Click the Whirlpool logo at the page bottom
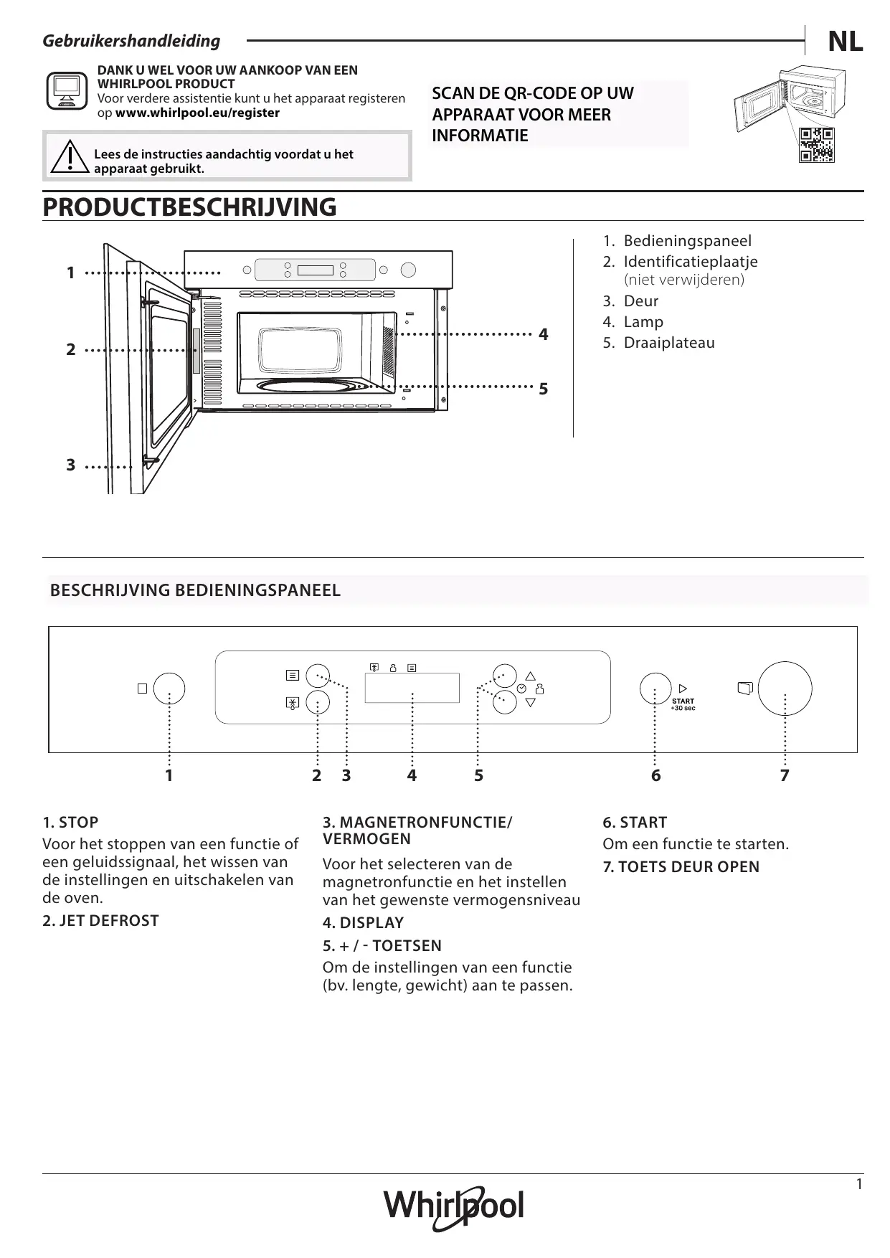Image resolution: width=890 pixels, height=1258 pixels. coord(454,1208)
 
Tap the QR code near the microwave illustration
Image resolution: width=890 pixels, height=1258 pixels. coord(817,145)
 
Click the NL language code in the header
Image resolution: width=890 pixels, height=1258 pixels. coord(845,42)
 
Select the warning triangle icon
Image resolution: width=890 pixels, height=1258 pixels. coord(70,156)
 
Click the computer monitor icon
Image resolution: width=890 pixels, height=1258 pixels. coord(67,90)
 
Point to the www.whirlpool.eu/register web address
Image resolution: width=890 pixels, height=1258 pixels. coord(197,113)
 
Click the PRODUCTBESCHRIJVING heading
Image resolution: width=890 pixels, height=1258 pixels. coord(189,207)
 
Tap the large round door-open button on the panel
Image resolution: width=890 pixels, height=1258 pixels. coord(785,689)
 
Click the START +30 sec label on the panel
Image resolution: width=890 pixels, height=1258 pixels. coord(683,704)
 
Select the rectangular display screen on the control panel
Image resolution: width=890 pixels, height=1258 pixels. coord(412,688)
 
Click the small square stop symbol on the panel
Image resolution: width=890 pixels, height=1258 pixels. coord(142,689)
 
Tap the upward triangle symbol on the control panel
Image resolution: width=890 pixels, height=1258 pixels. coord(531,676)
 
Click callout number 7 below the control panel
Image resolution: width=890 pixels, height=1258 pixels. coord(785,775)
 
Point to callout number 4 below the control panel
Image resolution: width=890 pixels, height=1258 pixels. coord(412,775)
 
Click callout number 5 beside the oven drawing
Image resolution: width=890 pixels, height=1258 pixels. coord(543,389)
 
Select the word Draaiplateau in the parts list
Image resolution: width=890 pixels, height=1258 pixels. coord(668,343)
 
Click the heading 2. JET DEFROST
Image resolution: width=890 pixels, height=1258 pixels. coord(100,921)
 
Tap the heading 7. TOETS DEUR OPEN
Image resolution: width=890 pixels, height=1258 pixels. coord(681,867)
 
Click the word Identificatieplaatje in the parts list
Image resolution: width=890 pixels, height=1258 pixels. coord(690,262)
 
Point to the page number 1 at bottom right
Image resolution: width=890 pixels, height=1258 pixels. coord(859,1184)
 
